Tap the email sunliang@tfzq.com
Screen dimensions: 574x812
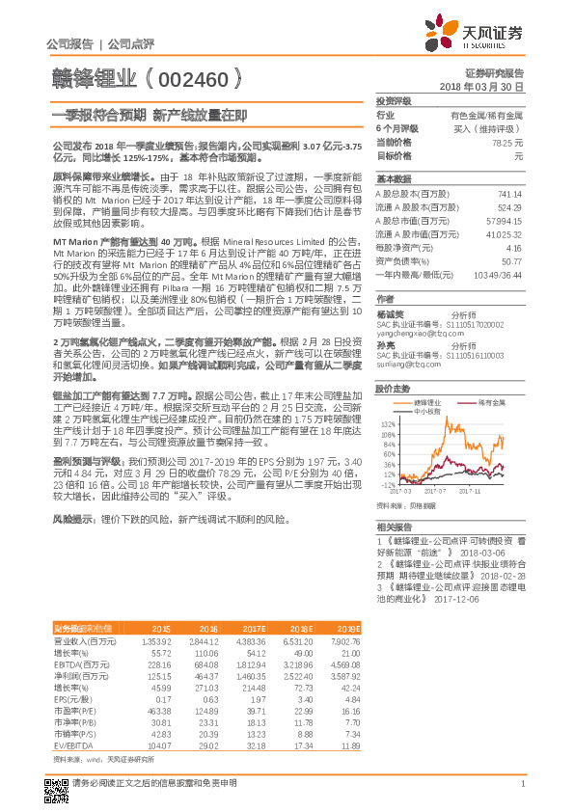pyautogui.click(x=408, y=365)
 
